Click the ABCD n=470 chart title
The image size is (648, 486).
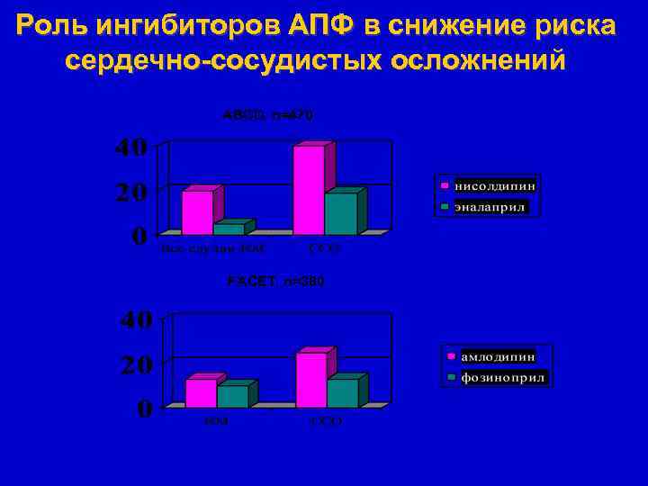269,114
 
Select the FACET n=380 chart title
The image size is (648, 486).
275,282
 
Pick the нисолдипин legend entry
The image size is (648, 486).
494,184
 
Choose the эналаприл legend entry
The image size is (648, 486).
490,207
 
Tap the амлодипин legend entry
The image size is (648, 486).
497,356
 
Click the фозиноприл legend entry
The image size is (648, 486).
503,378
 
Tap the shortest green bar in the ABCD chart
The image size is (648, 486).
229,229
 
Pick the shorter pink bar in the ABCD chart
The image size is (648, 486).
197,212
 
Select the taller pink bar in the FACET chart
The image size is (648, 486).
310,380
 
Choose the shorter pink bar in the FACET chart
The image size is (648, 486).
201,393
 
